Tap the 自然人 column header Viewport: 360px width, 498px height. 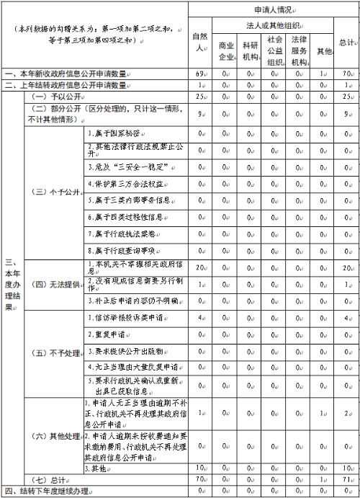pos(201,43)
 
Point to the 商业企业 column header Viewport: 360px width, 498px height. pos(226,51)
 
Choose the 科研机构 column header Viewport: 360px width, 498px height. pos(250,51)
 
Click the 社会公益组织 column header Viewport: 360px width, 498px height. pos(274,50)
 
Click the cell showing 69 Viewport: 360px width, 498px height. pos(201,74)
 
